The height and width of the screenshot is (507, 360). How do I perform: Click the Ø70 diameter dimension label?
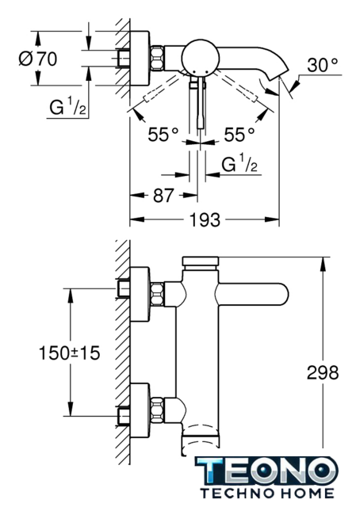pos(38,59)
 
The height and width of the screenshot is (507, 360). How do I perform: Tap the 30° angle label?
pos(323,65)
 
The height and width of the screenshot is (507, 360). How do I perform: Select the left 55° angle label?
pos(163,135)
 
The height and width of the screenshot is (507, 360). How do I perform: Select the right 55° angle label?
pos(239,135)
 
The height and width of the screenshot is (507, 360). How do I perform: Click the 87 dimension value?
pos(163,196)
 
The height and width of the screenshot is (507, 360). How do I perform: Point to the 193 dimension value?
pos(205,220)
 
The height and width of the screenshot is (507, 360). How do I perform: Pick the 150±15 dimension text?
pos(69,353)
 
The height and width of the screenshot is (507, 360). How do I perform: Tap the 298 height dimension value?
pos(323,372)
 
